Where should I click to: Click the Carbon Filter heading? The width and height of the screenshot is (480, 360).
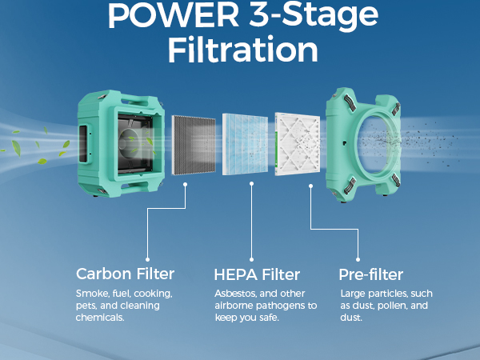coord(125,274)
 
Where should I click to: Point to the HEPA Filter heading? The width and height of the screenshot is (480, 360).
coord(257,274)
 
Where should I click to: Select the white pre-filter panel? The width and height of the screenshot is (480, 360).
coord(297,144)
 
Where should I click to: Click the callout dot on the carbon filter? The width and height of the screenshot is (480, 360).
coord(186,183)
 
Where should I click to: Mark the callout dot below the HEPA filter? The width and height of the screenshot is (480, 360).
coord(251,183)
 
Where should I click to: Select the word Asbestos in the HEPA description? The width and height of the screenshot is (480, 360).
coord(237,294)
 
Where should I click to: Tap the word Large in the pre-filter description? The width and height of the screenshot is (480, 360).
coord(353,294)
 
